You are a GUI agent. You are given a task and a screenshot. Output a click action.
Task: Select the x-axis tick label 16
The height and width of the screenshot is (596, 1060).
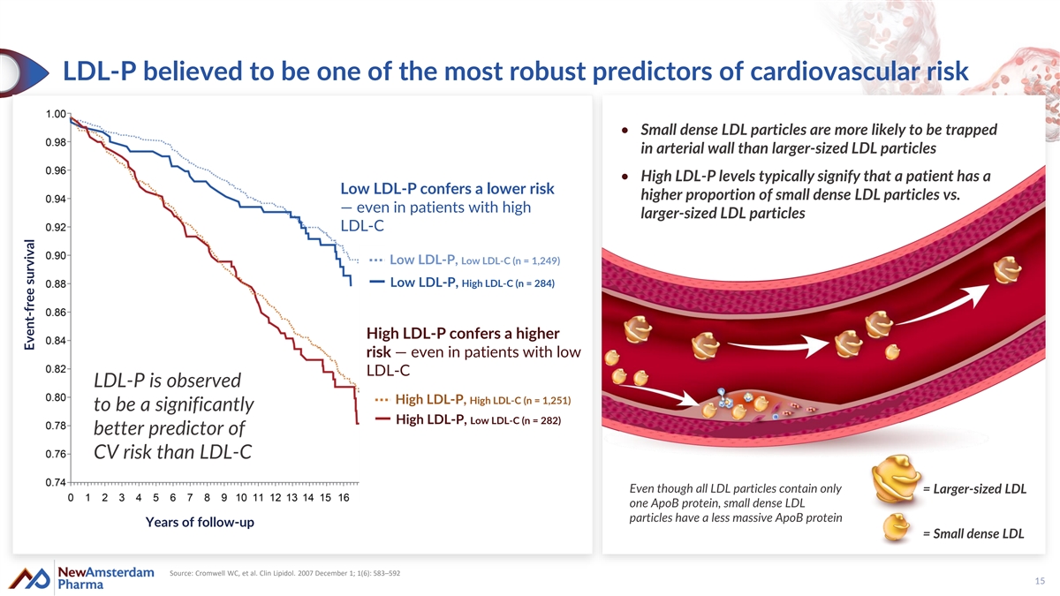[343, 499]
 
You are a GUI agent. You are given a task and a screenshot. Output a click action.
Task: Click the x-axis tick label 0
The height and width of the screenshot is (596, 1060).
[71, 499]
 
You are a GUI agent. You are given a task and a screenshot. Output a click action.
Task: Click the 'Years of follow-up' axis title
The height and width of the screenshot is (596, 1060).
[200, 523]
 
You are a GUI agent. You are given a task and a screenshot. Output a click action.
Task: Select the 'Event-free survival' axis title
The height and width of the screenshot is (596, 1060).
[28, 296]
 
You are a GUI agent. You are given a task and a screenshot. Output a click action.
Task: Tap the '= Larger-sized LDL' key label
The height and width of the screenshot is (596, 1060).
[974, 490]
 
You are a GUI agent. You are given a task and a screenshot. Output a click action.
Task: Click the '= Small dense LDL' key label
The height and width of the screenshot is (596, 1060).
[973, 533]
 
